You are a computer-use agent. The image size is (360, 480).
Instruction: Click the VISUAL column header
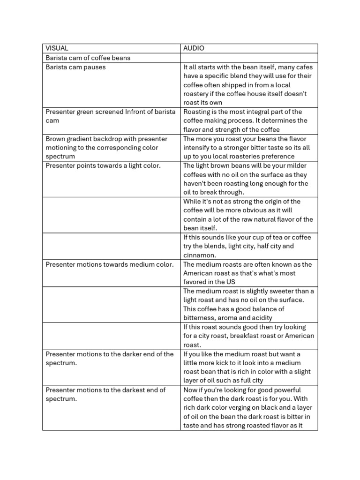click(57, 48)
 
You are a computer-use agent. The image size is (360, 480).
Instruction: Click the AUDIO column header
click(194, 48)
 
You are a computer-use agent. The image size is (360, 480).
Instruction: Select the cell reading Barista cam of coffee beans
click(88, 58)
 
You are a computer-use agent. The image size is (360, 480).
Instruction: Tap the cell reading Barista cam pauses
click(75, 67)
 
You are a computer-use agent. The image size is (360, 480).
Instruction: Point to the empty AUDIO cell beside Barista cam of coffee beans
click(249, 58)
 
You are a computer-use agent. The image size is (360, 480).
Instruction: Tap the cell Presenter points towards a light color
click(103, 165)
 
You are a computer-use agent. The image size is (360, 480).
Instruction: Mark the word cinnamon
click(199, 255)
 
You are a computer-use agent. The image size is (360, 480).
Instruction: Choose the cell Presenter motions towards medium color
click(109, 264)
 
